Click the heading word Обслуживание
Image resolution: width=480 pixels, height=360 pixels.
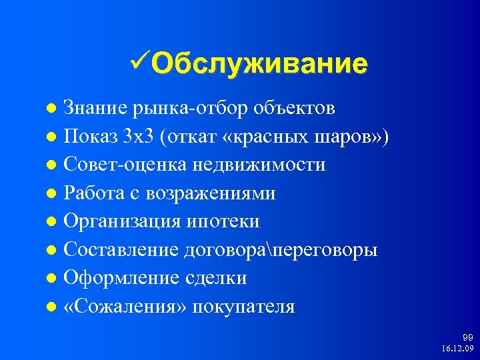click(x=259, y=64)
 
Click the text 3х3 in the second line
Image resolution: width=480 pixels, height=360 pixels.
click(x=137, y=137)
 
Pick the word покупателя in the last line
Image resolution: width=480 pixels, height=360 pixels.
click(x=247, y=307)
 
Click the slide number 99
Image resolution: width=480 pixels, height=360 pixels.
click(x=467, y=339)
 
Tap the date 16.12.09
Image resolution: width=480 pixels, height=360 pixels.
click(x=457, y=349)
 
